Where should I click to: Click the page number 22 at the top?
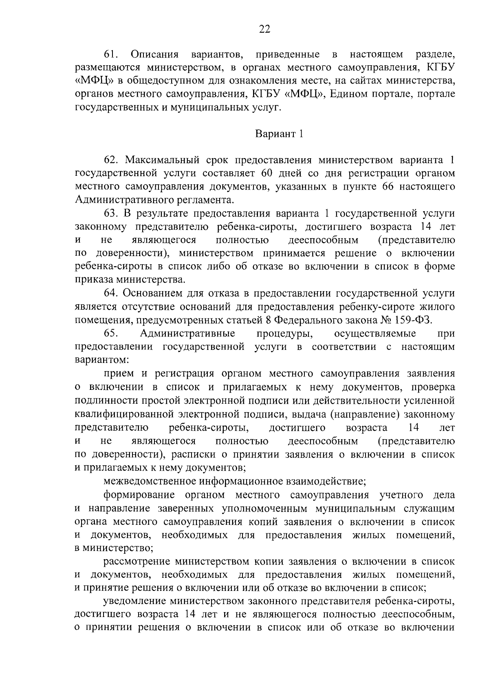[x=264, y=29]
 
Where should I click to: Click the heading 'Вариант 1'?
[x=279, y=134]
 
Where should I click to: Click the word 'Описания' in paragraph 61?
[x=155, y=54]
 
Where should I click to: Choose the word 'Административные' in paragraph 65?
[x=187, y=333]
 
